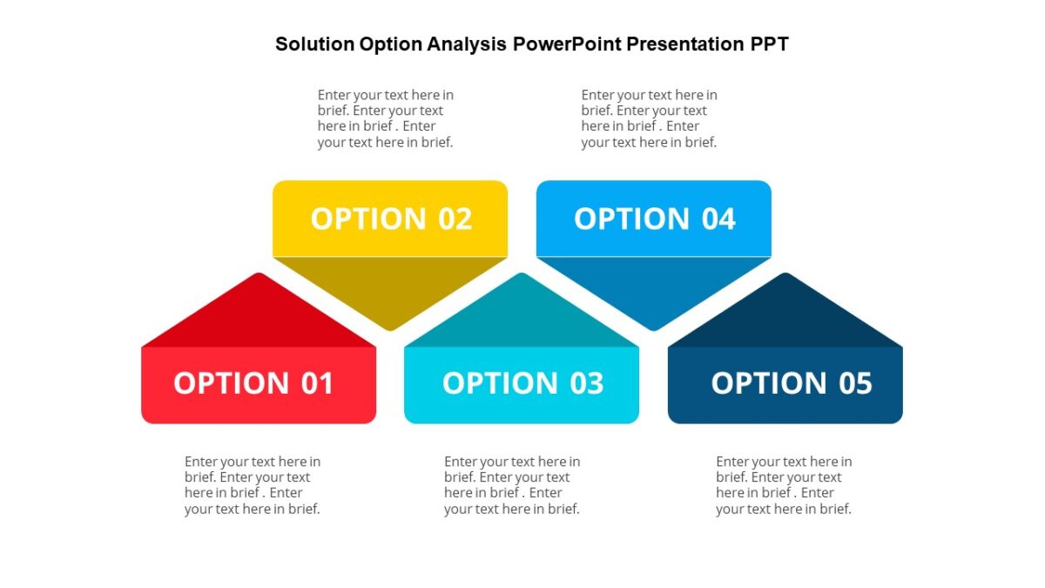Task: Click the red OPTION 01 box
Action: tap(258, 385)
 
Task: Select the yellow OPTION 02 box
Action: tap(390, 218)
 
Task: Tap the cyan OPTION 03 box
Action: tap(521, 385)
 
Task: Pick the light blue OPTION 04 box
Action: tap(653, 218)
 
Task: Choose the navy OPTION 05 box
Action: tap(785, 385)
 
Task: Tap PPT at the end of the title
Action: tap(769, 44)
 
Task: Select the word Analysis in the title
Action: tap(466, 44)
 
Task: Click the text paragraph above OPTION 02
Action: tap(385, 118)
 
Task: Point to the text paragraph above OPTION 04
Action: tap(649, 118)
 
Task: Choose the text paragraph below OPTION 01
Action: tap(252, 485)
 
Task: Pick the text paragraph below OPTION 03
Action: tap(511, 485)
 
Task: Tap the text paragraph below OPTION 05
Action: tap(784, 485)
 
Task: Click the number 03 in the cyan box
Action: tap(586, 384)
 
